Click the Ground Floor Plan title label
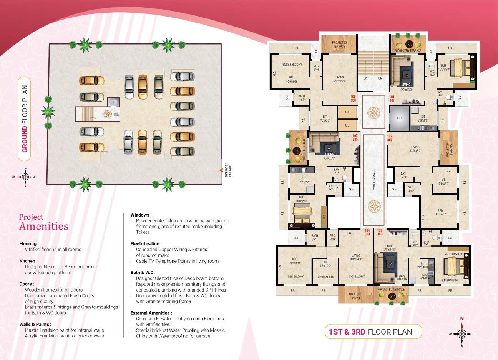point(25,119)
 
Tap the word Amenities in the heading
point(44,226)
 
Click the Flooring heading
point(29,243)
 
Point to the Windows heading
point(141,215)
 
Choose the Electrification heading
point(146,243)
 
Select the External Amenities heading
point(151,313)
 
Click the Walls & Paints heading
point(35,324)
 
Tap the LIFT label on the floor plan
point(400,118)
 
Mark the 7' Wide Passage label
point(374,180)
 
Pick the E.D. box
point(347,125)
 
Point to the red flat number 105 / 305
point(355,137)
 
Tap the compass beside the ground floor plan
point(25,177)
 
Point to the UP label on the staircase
point(365,78)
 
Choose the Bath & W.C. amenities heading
point(145,272)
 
